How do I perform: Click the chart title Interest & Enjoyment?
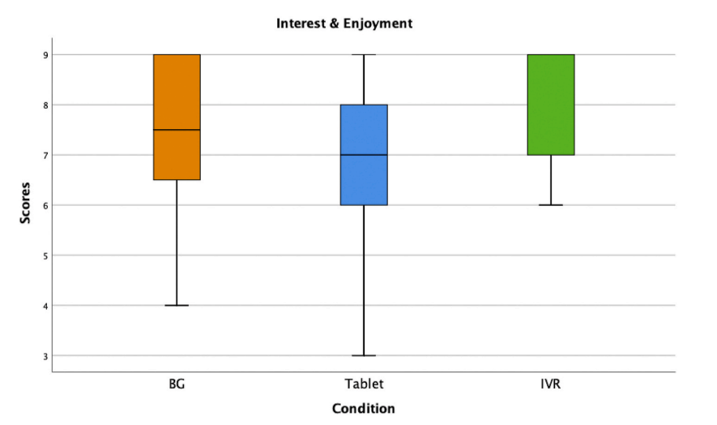coord(344,24)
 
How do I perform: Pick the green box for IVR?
coord(551,105)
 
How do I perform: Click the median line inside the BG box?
coord(177,130)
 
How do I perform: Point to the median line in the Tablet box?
coord(364,155)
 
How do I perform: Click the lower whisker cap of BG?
coord(177,305)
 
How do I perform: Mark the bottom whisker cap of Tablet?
coord(364,355)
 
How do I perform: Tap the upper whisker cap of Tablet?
coord(364,54)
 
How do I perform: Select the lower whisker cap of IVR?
coord(551,205)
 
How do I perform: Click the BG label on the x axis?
coord(177,384)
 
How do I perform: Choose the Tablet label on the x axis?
coord(364,384)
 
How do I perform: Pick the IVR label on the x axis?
coord(551,384)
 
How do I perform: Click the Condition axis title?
coord(364,408)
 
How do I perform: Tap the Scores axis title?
coord(25,204)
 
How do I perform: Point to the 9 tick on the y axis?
coord(45,55)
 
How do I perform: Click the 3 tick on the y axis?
coord(45,356)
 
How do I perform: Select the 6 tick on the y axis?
coord(45,205)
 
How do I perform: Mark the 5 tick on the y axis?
coord(45,255)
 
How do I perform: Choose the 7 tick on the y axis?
coord(45,155)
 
